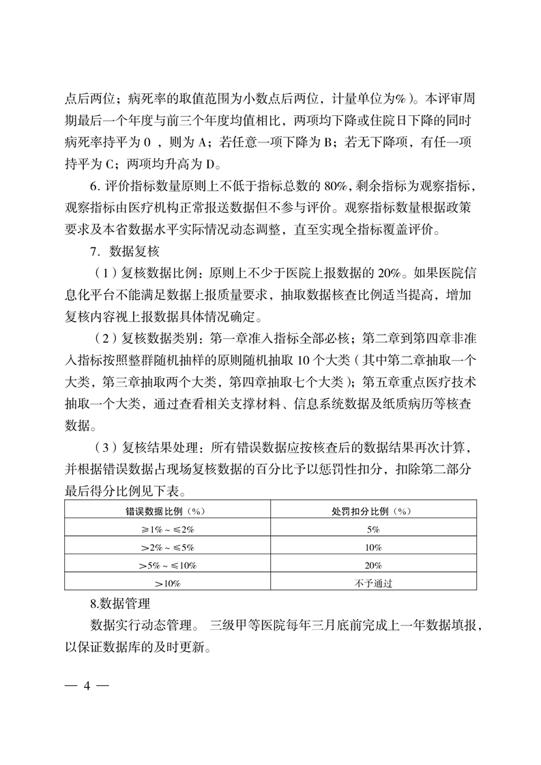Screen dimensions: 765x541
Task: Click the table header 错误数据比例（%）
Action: tap(167, 511)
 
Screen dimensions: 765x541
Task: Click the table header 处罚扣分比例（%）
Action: tap(373, 511)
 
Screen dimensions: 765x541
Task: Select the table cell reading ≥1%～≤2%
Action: tap(167, 529)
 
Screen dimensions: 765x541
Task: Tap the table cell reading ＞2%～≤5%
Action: tap(167, 547)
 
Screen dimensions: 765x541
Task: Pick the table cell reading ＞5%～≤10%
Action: tap(167, 565)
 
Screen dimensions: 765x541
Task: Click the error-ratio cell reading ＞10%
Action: tap(167, 583)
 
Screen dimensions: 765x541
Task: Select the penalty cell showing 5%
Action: tap(373, 529)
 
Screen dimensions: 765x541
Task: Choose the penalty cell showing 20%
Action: tap(373, 565)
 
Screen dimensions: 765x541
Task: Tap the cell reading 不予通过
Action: tap(373, 583)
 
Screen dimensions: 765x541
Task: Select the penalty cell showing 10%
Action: tap(373, 547)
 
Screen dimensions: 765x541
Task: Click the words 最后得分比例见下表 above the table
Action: tap(120, 490)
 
